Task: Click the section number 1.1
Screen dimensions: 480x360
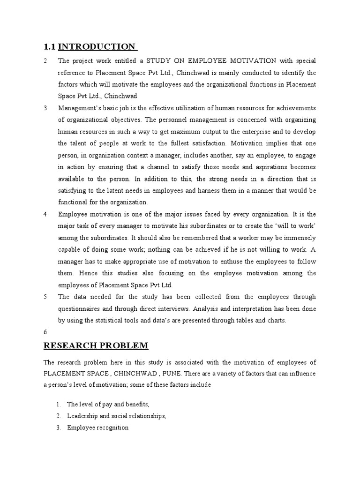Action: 50,46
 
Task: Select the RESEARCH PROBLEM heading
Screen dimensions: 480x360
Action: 96,346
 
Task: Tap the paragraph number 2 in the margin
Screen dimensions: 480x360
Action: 45,61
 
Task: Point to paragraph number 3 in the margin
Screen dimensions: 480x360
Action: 45,108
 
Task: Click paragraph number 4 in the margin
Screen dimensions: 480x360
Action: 45,214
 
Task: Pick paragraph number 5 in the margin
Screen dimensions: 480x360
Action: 45,297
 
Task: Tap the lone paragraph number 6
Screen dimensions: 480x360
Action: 45,332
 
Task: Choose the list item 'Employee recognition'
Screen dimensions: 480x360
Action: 97,427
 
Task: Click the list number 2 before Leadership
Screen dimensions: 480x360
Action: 58,416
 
